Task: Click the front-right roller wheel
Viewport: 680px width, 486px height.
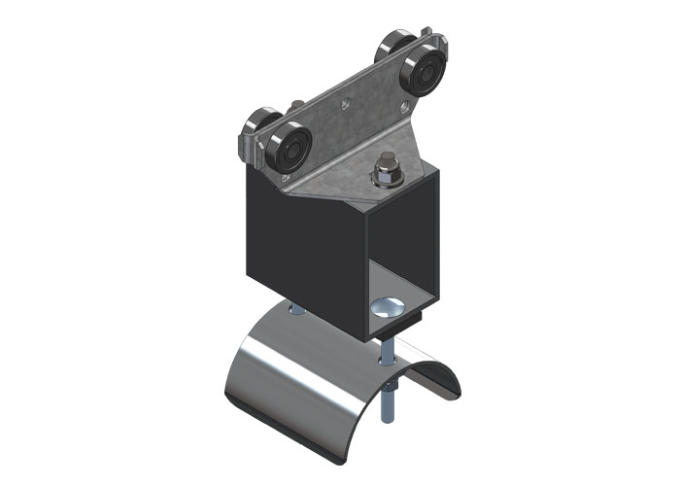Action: pyautogui.click(x=425, y=75)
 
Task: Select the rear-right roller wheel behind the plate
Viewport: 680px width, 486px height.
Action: pyautogui.click(x=392, y=49)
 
